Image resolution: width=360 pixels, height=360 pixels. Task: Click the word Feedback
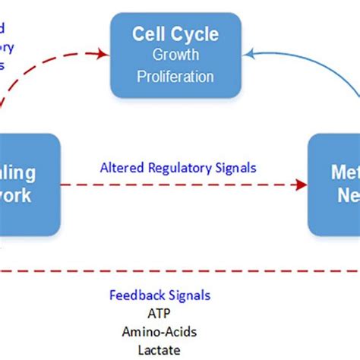point(137,295)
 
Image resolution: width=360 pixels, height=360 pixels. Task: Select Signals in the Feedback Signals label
point(189,295)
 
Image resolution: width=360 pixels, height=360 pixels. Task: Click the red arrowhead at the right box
point(302,184)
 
